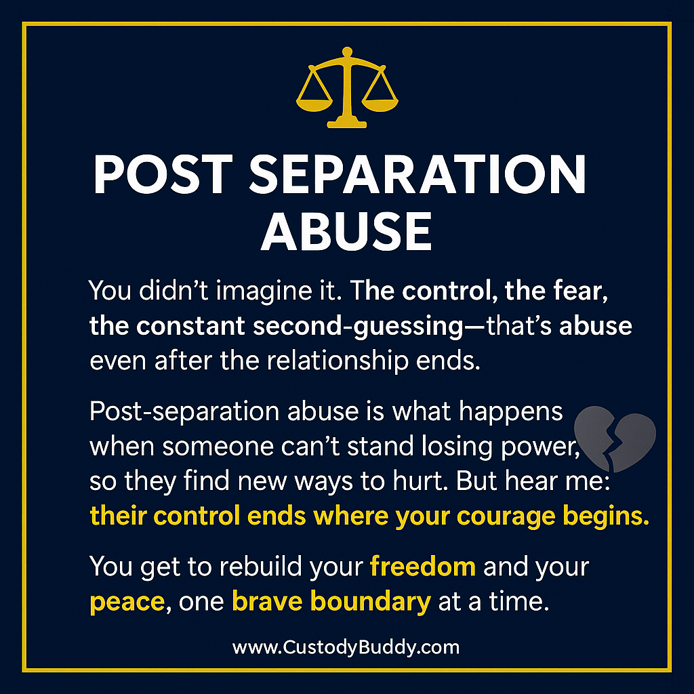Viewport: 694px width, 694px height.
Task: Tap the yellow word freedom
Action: pyautogui.click(x=423, y=567)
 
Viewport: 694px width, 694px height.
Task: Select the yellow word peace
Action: pyautogui.click(x=128, y=602)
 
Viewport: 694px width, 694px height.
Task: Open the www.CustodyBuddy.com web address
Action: pyautogui.click(x=346, y=647)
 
